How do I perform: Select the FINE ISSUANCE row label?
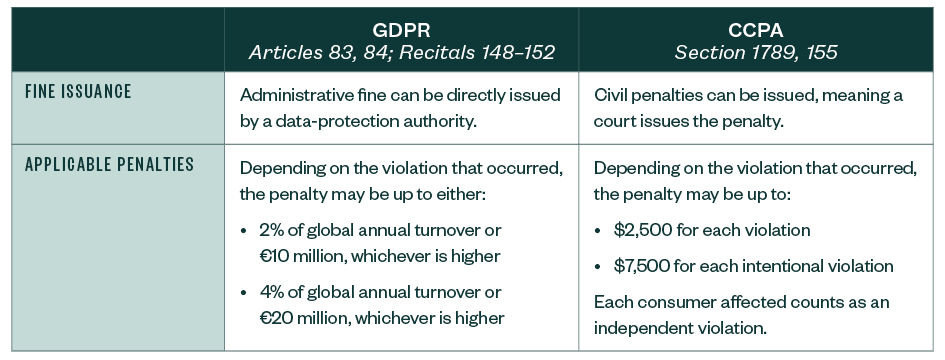(x=78, y=92)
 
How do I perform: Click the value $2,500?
(x=640, y=230)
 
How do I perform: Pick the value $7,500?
(x=640, y=267)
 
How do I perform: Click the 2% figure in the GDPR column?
(x=272, y=230)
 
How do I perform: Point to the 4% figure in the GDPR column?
(x=272, y=292)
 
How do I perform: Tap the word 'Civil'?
(x=610, y=96)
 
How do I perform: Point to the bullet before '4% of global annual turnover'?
(x=245, y=292)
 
